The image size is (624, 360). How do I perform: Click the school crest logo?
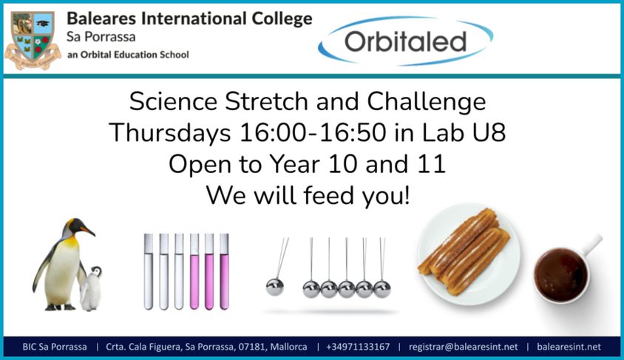[x=33, y=40]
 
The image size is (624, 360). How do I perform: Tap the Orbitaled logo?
[x=405, y=41]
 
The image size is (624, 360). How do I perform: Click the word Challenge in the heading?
[x=426, y=102]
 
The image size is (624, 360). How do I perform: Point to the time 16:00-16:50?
[x=313, y=133]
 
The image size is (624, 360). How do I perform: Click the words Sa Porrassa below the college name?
[x=101, y=37]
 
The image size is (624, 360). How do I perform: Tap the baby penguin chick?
[x=91, y=288]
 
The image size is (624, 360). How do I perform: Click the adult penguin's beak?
[x=88, y=231]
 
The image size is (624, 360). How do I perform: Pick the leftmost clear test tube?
[x=149, y=272]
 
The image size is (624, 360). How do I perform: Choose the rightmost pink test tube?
[x=224, y=272]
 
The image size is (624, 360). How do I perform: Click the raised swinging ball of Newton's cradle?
[x=275, y=288]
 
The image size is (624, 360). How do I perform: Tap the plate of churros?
[x=469, y=254]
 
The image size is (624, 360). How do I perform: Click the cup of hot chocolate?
[x=561, y=275]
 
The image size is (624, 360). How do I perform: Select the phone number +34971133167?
[x=358, y=347]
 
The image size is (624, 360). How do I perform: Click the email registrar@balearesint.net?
[x=464, y=347]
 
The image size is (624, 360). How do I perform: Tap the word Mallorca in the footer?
[x=288, y=347]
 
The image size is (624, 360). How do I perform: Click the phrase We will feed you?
[x=308, y=196]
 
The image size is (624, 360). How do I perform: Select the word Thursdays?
[x=170, y=133]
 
